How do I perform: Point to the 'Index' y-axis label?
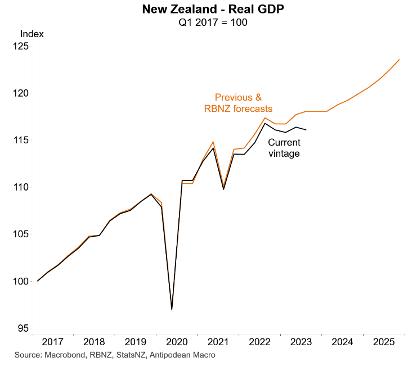[x=32, y=33]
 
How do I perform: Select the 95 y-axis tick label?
[x=22, y=328]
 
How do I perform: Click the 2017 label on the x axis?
[x=52, y=342]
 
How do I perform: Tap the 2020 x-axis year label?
[x=177, y=342]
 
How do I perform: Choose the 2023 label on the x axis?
[x=302, y=342]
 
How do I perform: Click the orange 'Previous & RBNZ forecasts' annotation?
[x=238, y=103]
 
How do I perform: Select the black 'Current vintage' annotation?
[x=284, y=148]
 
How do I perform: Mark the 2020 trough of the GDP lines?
[x=172, y=309]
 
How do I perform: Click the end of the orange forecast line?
[x=400, y=60]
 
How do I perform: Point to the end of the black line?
[x=306, y=130]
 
